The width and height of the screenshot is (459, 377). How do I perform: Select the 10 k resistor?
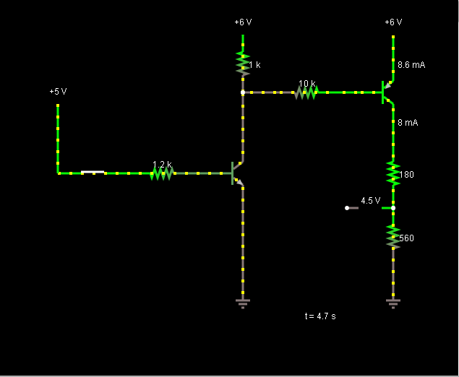(x=306, y=92)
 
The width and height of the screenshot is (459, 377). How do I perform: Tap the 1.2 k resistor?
(x=161, y=173)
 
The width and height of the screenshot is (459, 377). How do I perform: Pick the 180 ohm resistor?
(x=393, y=173)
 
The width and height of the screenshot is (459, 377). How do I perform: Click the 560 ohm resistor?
(x=393, y=237)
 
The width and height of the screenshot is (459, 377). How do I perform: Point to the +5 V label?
(x=58, y=92)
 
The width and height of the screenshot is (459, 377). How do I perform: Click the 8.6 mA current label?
(x=411, y=65)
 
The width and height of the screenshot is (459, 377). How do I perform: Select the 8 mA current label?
(x=408, y=123)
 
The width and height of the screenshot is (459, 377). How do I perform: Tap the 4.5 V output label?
(x=370, y=201)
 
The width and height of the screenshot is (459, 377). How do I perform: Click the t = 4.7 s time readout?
(x=320, y=316)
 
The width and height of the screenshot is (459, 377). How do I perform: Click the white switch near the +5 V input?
(x=93, y=173)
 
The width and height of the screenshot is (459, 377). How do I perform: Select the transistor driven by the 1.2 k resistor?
(x=236, y=173)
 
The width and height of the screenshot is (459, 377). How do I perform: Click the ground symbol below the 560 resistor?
(x=393, y=302)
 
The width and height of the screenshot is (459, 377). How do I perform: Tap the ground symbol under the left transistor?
(x=243, y=302)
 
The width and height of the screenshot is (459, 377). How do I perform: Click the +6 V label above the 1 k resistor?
(x=243, y=22)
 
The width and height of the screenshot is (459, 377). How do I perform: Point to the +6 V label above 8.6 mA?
(x=393, y=22)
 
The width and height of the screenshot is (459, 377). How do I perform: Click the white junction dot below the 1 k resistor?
(x=243, y=92)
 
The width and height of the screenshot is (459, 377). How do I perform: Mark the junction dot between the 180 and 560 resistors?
(x=393, y=208)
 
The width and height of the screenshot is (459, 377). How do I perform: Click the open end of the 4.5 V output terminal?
(x=347, y=208)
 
